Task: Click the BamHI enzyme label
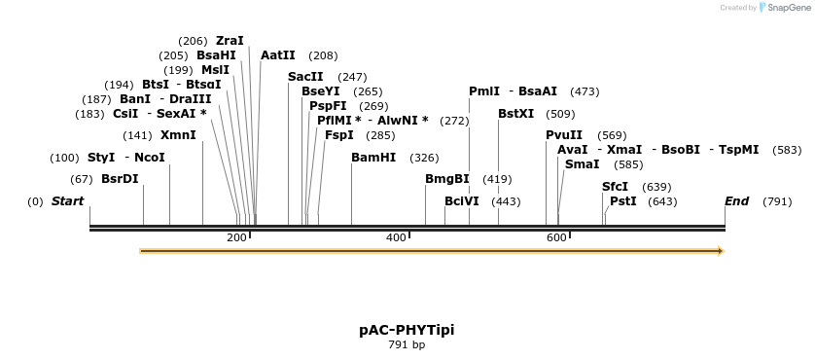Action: coord(373,158)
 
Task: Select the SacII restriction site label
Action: coord(305,77)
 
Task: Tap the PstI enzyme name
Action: coord(623,201)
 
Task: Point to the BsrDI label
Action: coord(120,179)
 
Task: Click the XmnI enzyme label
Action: coord(178,135)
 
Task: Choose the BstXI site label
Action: coord(515,114)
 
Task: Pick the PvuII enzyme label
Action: coord(564,135)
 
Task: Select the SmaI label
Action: coord(582,164)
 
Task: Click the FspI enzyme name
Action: coord(339,135)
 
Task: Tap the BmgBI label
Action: coord(447,179)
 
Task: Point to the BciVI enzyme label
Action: coord(462,201)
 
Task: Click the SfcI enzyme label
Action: coord(615,187)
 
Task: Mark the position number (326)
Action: coord(424,158)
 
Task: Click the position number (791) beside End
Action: coord(777,201)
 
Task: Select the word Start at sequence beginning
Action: coord(67,201)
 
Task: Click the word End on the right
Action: coord(736,201)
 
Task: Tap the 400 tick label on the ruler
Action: coord(396,238)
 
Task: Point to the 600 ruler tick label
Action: coord(555,238)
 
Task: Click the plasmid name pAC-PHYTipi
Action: coord(407,330)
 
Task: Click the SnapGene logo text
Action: coord(789,8)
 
